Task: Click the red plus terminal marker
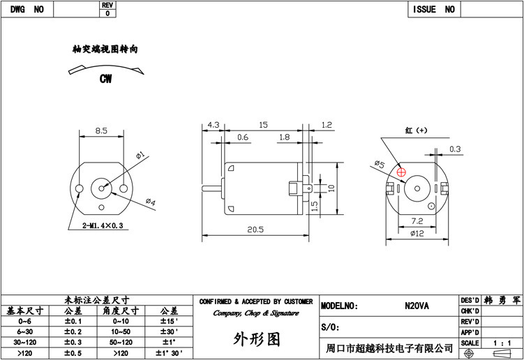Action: click(x=401, y=172)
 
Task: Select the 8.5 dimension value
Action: click(x=101, y=130)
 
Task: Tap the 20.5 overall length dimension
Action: click(x=255, y=230)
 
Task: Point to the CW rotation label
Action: click(x=105, y=79)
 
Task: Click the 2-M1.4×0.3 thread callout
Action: click(x=103, y=225)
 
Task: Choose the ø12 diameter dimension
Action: click(x=417, y=233)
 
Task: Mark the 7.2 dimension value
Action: click(x=417, y=221)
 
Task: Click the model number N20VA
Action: click(x=417, y=306)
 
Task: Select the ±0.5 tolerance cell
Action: click(x=73, y=353)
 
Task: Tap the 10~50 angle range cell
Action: click(x=121, y=332)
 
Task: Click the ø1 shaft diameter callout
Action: click(x=140, y=156)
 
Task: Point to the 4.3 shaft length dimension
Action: click(x=214, y=125)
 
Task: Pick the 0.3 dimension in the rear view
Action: click(x=455, y=149)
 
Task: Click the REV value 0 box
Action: click(x=107, y=13)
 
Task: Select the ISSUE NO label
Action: click(x=434, y=9)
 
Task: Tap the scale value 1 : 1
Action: click(x=502, y=343)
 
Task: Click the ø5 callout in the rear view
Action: click(x=380, y=164)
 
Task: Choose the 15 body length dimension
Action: click(x=263, y=125)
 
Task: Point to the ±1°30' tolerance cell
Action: click(x=169, y=353)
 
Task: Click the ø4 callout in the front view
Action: click(x=151, y=202)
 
